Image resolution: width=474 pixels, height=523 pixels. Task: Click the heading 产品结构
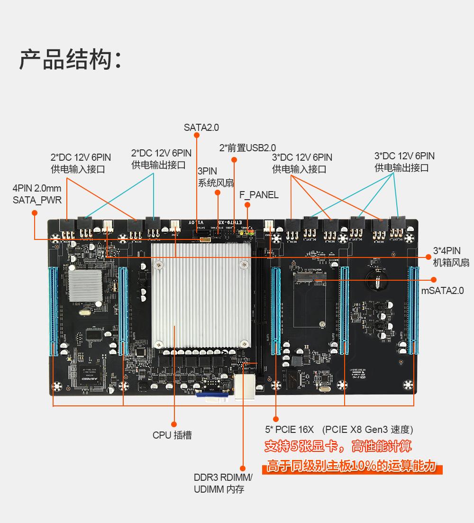point(70,60)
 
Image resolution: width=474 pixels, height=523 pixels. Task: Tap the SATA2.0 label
point(201,128)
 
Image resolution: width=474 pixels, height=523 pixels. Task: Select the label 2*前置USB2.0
point(247,148)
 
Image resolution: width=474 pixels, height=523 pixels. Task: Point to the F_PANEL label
point(259,195)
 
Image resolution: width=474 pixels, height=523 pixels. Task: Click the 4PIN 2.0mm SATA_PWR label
point(37,194)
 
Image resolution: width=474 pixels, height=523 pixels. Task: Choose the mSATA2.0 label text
point(442,291)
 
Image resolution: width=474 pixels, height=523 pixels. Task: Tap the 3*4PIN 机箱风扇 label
point(450,257)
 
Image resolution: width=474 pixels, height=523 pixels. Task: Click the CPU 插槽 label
point(172,435)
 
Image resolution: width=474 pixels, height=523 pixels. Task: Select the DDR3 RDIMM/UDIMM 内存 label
point(223,483)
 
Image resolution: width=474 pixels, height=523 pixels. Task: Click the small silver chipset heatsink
point(85,286)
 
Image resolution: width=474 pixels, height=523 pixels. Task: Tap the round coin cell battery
point(376,280)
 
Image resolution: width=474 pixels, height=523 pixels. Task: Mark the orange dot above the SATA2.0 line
point(197,136)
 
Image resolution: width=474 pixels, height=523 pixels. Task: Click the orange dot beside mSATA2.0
point(433,279)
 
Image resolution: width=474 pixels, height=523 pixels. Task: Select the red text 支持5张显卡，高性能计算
point(337,446)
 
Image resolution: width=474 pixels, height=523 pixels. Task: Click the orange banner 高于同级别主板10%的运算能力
point(351,466)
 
